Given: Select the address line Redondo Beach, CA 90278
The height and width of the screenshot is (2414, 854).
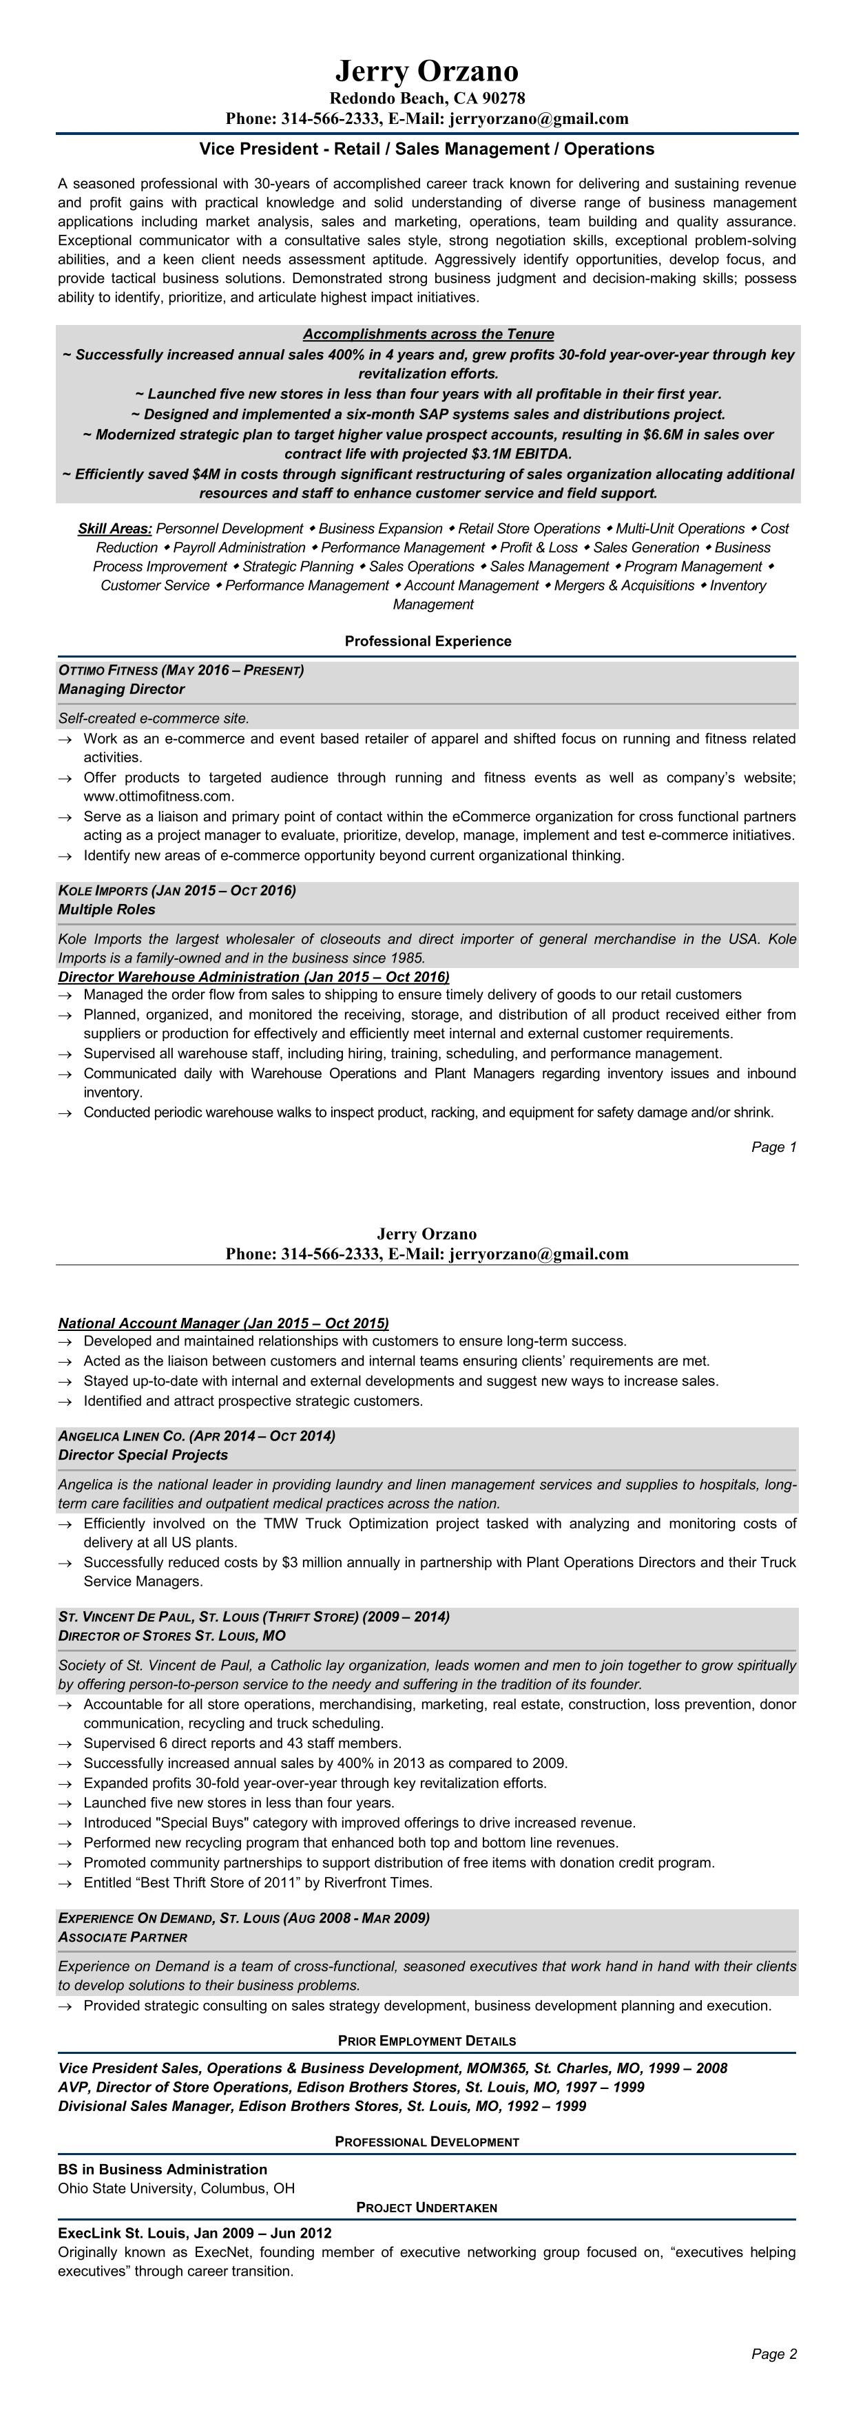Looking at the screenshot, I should pos(426,98).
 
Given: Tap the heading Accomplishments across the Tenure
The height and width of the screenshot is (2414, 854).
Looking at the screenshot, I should pos(428,335).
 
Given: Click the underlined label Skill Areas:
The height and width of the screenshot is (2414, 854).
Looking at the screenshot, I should pos(114,529).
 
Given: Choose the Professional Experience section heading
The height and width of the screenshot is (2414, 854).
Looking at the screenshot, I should pos(428,642).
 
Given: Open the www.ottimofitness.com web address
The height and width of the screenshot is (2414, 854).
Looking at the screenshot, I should pos(158,797).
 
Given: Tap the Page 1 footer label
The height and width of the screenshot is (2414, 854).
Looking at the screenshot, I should pos(773,1147).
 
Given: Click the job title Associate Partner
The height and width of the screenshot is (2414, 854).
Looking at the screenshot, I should pos(123,1937).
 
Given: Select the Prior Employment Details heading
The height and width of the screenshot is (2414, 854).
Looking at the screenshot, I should pos(426,2041).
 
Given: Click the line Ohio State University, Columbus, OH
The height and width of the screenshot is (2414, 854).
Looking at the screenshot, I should pos(176,2188).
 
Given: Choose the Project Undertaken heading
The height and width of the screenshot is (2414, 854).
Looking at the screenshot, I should pos(426,2208).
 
